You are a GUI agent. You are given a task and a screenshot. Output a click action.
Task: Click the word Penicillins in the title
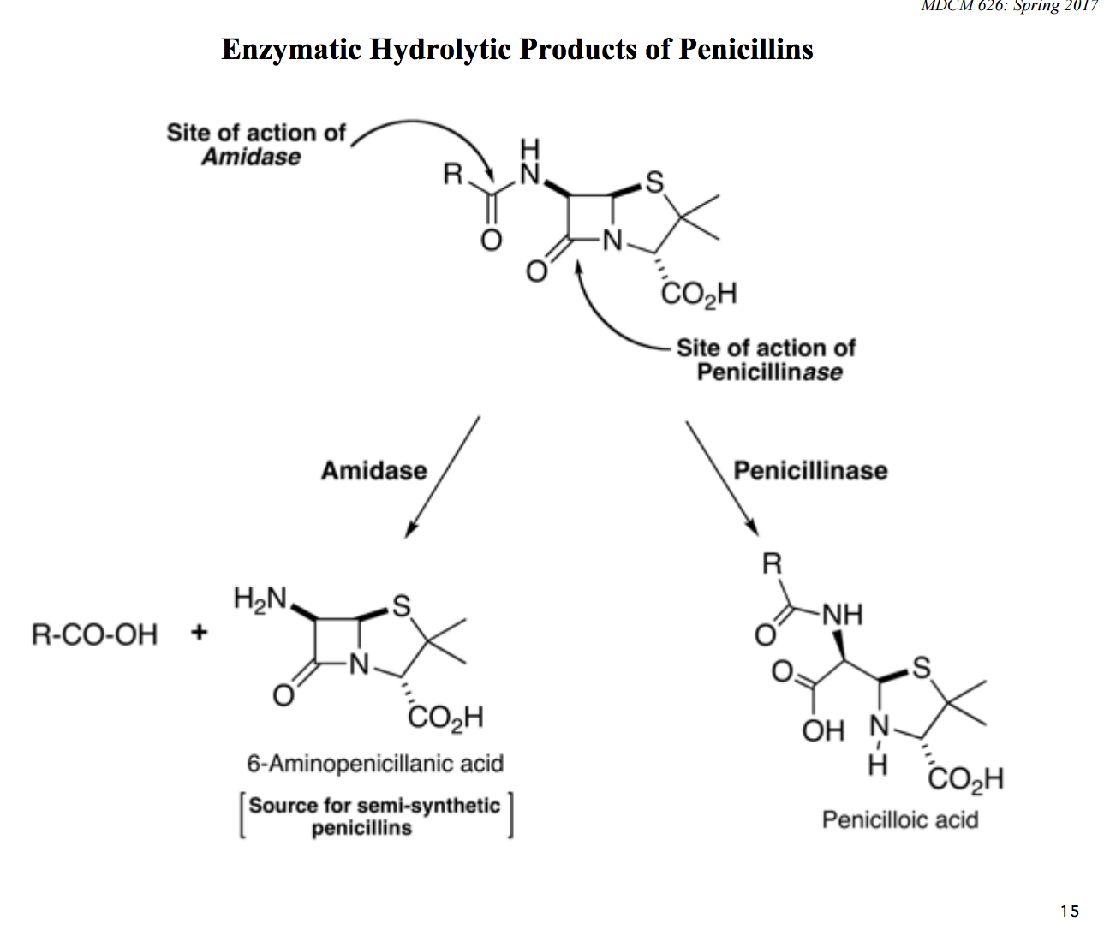745,50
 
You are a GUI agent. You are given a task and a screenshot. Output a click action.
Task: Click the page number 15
1069,911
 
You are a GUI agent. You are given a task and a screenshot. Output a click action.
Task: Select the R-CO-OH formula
94,634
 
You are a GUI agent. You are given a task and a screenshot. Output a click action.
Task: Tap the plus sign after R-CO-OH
199,634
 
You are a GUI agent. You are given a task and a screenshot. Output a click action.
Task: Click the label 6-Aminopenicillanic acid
375,763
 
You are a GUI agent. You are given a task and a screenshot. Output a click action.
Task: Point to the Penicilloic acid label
899,819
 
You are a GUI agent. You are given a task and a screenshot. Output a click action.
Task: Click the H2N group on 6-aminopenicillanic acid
260,599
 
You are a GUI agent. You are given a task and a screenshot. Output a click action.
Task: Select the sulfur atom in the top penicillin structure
654,182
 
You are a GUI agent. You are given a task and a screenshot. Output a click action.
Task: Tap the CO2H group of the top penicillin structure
698,295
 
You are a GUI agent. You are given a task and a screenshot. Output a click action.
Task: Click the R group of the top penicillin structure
452,175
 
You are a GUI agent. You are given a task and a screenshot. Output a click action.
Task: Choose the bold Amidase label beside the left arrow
373,470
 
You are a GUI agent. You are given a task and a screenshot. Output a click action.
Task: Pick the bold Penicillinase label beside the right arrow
810,470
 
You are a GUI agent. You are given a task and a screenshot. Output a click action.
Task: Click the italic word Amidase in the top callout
251,157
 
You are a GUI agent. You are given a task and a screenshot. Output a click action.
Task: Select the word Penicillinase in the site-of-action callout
769,372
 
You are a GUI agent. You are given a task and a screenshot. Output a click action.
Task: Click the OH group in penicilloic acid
822,730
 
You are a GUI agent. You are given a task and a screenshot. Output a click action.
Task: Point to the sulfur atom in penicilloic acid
921,667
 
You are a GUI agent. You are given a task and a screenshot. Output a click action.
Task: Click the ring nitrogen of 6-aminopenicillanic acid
359,664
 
